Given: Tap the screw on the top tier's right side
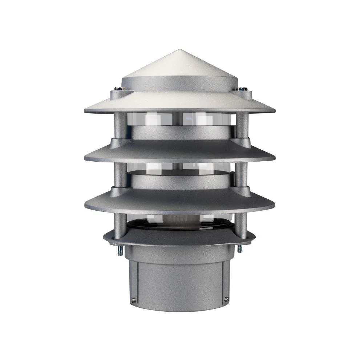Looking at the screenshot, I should pos(242,89).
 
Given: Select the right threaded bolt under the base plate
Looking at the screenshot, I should pos(240,248).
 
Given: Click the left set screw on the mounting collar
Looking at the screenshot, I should pos(133,300).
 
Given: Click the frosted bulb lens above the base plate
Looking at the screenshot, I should pos(180,222).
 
